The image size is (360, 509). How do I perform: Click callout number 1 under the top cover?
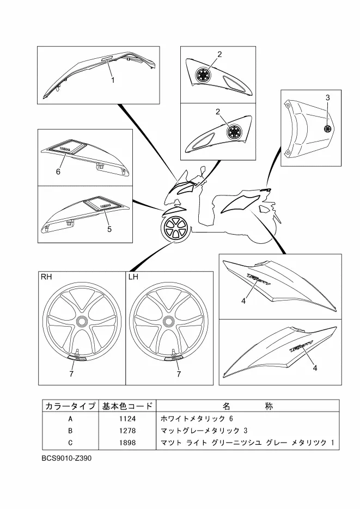click(113, 80)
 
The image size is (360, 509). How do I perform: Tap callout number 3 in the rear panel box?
click(328, 97)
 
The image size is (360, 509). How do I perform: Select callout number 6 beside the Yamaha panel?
click(58, 171)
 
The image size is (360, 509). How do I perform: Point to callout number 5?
click(109, 229)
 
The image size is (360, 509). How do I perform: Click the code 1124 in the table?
click(125, 419)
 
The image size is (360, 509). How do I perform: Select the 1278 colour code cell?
click(125, 430)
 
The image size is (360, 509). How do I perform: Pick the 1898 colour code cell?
click(125, 442)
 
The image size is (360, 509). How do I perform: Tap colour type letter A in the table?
click(70, 419)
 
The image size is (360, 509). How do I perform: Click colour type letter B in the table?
click(70, 430)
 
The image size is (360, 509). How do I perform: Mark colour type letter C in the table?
click(70, 442)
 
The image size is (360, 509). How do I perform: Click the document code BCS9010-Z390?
click(66, 458)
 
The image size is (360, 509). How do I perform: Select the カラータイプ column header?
click(70, 406)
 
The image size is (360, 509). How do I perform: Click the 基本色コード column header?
click(126, 406)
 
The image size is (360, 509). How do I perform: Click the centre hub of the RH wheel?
click(82, 322)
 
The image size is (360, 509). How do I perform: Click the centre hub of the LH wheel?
click(168, 322)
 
